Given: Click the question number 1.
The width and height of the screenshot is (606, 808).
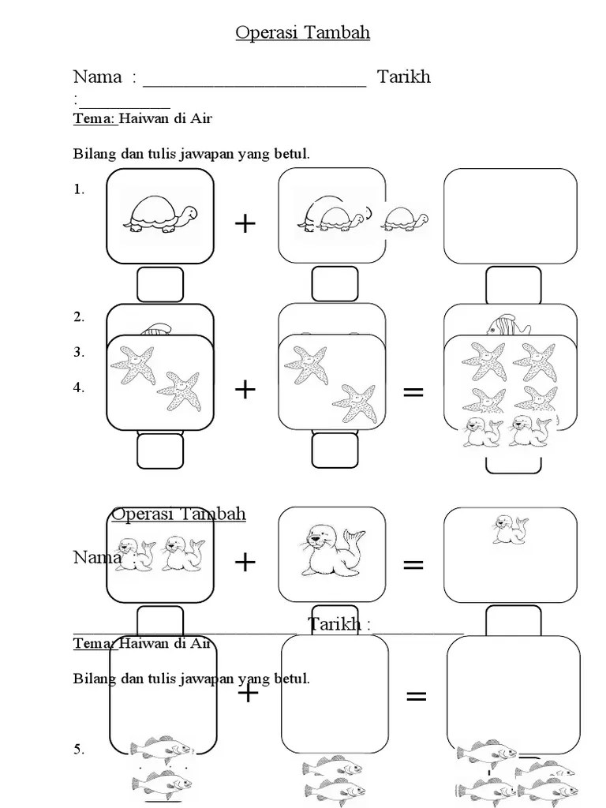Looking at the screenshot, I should tap(78, 189).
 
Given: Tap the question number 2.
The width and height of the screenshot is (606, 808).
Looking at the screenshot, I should tap(78, 317).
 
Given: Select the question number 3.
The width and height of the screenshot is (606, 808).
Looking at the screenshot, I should tap(78, 353).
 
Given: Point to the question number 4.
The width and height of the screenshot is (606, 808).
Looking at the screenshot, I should tap(78, 388).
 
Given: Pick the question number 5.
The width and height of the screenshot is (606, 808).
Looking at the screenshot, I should tap(78, 750).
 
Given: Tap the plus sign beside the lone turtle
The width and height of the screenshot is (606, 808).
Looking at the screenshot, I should tap(245, 224).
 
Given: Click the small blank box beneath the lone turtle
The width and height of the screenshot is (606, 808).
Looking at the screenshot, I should tap(160, 284).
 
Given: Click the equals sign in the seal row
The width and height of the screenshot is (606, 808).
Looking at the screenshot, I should tap(413, 564).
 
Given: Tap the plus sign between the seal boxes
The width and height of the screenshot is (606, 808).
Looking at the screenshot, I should tap(245, 563).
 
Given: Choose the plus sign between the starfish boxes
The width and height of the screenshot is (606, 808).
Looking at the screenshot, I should tap(245, 389).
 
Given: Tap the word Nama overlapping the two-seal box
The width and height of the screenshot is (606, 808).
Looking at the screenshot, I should tap(97, 557).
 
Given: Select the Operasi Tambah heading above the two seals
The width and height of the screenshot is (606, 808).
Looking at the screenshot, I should tap(178, 514).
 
